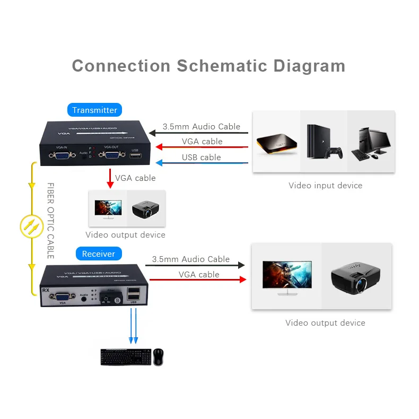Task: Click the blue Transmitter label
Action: (94, 110)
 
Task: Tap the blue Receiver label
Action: (98, 254)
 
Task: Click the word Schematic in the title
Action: (222, 66)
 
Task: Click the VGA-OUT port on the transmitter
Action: (111, 155)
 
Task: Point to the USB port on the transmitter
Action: (135, 155)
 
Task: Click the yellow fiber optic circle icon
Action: (30, 226)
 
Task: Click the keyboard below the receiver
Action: (125, 357)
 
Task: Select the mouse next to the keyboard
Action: (159, 356)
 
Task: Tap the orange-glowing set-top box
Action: (276, 143)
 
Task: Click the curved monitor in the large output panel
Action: (286, 276)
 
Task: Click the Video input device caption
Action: (325, 186)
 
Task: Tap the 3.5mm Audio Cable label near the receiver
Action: (190, 259)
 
